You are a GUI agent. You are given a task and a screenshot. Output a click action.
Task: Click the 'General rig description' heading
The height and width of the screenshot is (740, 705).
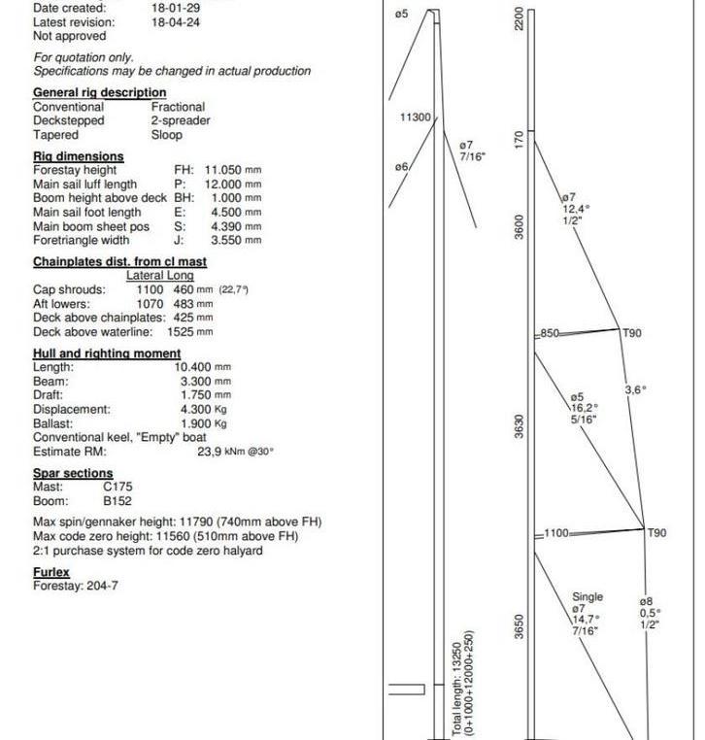pos(99,92)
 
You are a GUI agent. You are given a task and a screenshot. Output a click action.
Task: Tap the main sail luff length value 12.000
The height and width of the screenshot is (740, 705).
pos(222,184)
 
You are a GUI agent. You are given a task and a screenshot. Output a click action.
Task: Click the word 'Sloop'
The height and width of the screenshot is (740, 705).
pos(167,135)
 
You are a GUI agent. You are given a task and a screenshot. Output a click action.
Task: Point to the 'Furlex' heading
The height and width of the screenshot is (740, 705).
pos(51,572)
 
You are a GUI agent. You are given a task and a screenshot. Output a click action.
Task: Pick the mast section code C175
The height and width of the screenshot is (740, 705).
pos(117,487)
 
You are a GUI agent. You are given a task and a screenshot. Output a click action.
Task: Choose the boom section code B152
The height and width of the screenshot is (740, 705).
pos(117,501)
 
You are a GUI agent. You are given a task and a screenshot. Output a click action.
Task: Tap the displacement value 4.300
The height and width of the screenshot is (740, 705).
pos(196,409)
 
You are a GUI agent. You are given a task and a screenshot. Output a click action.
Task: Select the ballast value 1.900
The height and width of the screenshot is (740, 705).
pos(196,423)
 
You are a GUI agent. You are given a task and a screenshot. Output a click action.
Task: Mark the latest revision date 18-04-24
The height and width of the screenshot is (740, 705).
pos(176,21)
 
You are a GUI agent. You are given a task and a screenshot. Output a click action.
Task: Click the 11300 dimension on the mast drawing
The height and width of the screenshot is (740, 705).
pos(416,118)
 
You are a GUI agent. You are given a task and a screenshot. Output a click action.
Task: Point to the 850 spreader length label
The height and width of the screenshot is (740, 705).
pos(550,333)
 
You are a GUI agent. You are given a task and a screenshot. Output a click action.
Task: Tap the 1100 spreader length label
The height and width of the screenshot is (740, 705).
pos(555,532)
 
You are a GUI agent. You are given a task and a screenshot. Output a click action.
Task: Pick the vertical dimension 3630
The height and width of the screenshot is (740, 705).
pos(520,425)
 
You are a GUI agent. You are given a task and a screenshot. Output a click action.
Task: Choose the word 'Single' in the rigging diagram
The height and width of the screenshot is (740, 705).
pos(587,597)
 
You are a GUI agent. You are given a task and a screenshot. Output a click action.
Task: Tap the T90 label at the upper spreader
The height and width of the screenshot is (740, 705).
pos(631,333)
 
